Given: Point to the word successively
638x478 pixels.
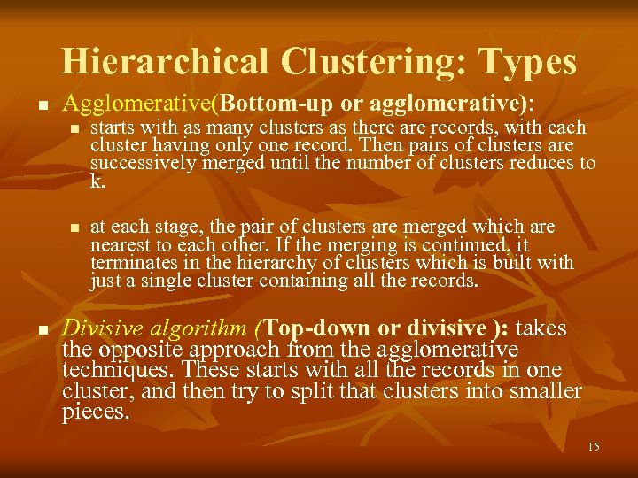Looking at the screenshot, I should coord(134,163).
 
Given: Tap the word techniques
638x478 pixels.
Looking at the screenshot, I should coord(109,371).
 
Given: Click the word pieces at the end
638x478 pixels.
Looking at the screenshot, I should coord(95,412).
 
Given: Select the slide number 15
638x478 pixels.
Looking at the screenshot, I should coord(593,447).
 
